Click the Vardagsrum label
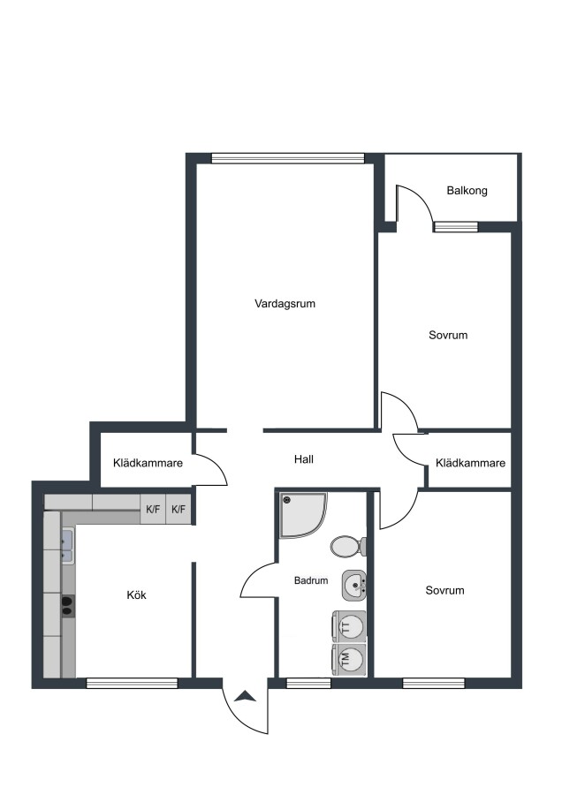tap(285, 304)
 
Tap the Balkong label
tap(467, 191)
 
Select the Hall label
tap(304, 459)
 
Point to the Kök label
tap(136, 594)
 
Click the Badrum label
tap(311, 580)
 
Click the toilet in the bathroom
tap(348, 547)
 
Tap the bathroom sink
tap(354, 586)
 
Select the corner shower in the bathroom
tap(303, 514)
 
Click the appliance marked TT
tap(348, 627)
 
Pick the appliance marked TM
tap(348, 660)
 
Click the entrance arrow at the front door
tap(246, 696)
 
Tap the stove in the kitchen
tap(68, 605)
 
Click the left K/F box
tap(153, 509)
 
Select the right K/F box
tap(178, 509)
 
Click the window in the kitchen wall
tap(132, 684)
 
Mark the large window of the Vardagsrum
tap(288, 158)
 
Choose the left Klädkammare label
tap(148, 463)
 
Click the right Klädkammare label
tap(470, 463)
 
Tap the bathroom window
tap(309, 684)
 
